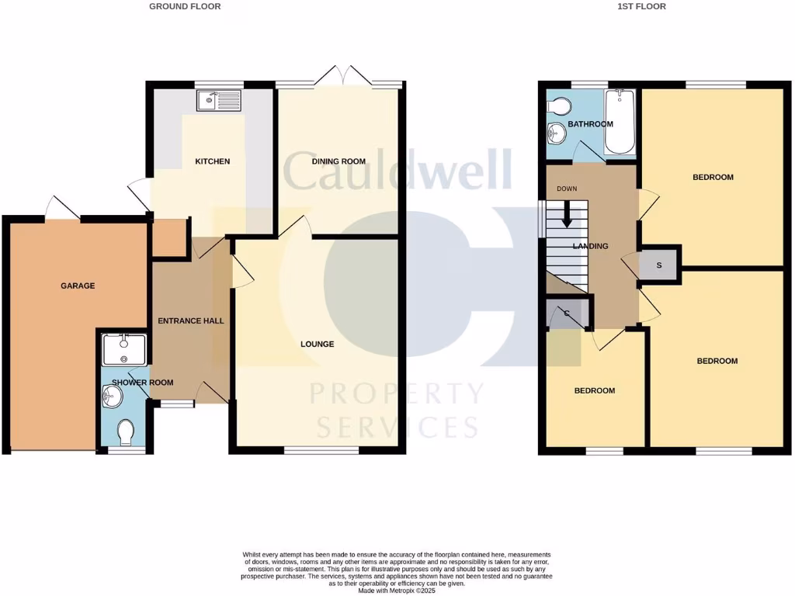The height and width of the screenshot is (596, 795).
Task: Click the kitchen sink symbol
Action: pos(219,100)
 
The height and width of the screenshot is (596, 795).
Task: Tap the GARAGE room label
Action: pos(78,286)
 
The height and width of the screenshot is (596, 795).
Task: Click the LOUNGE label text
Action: pos(318,344)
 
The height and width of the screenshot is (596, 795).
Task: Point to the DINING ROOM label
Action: pos(338,161)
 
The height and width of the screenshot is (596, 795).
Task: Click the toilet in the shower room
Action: pos(124,431)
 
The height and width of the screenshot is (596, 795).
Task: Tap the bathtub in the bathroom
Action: pos(620,122)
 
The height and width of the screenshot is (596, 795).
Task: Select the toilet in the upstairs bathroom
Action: pos(560,106)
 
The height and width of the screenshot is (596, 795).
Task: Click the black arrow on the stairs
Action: pos(567,214)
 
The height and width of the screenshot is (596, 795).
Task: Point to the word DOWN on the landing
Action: pos(566,189)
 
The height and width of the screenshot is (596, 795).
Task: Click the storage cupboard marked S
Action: pos(659,265)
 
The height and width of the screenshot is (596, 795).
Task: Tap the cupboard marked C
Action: pos(567,314)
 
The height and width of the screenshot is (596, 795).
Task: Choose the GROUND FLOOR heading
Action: pos(185,6)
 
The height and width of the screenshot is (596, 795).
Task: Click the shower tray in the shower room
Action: pos(124,348)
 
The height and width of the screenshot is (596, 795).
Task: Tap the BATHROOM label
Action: pos(590,124)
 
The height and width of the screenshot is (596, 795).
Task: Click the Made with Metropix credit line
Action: pos(397,591)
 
